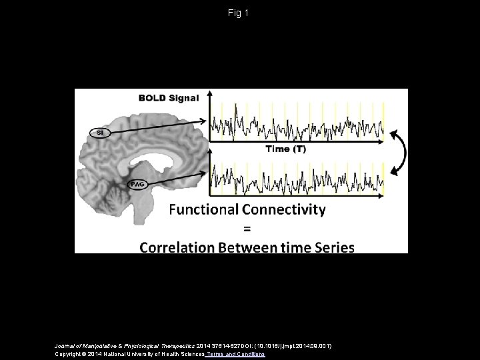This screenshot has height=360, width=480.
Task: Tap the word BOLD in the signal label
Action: click(x=151, y=98)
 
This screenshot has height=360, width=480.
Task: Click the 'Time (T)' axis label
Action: click(x=286, y=149)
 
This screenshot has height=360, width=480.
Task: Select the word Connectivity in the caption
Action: click(x=284, y=210)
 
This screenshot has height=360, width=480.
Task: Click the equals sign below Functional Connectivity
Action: click(x=246, y=229)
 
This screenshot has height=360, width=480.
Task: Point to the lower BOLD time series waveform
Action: click(x=297, y=174)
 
